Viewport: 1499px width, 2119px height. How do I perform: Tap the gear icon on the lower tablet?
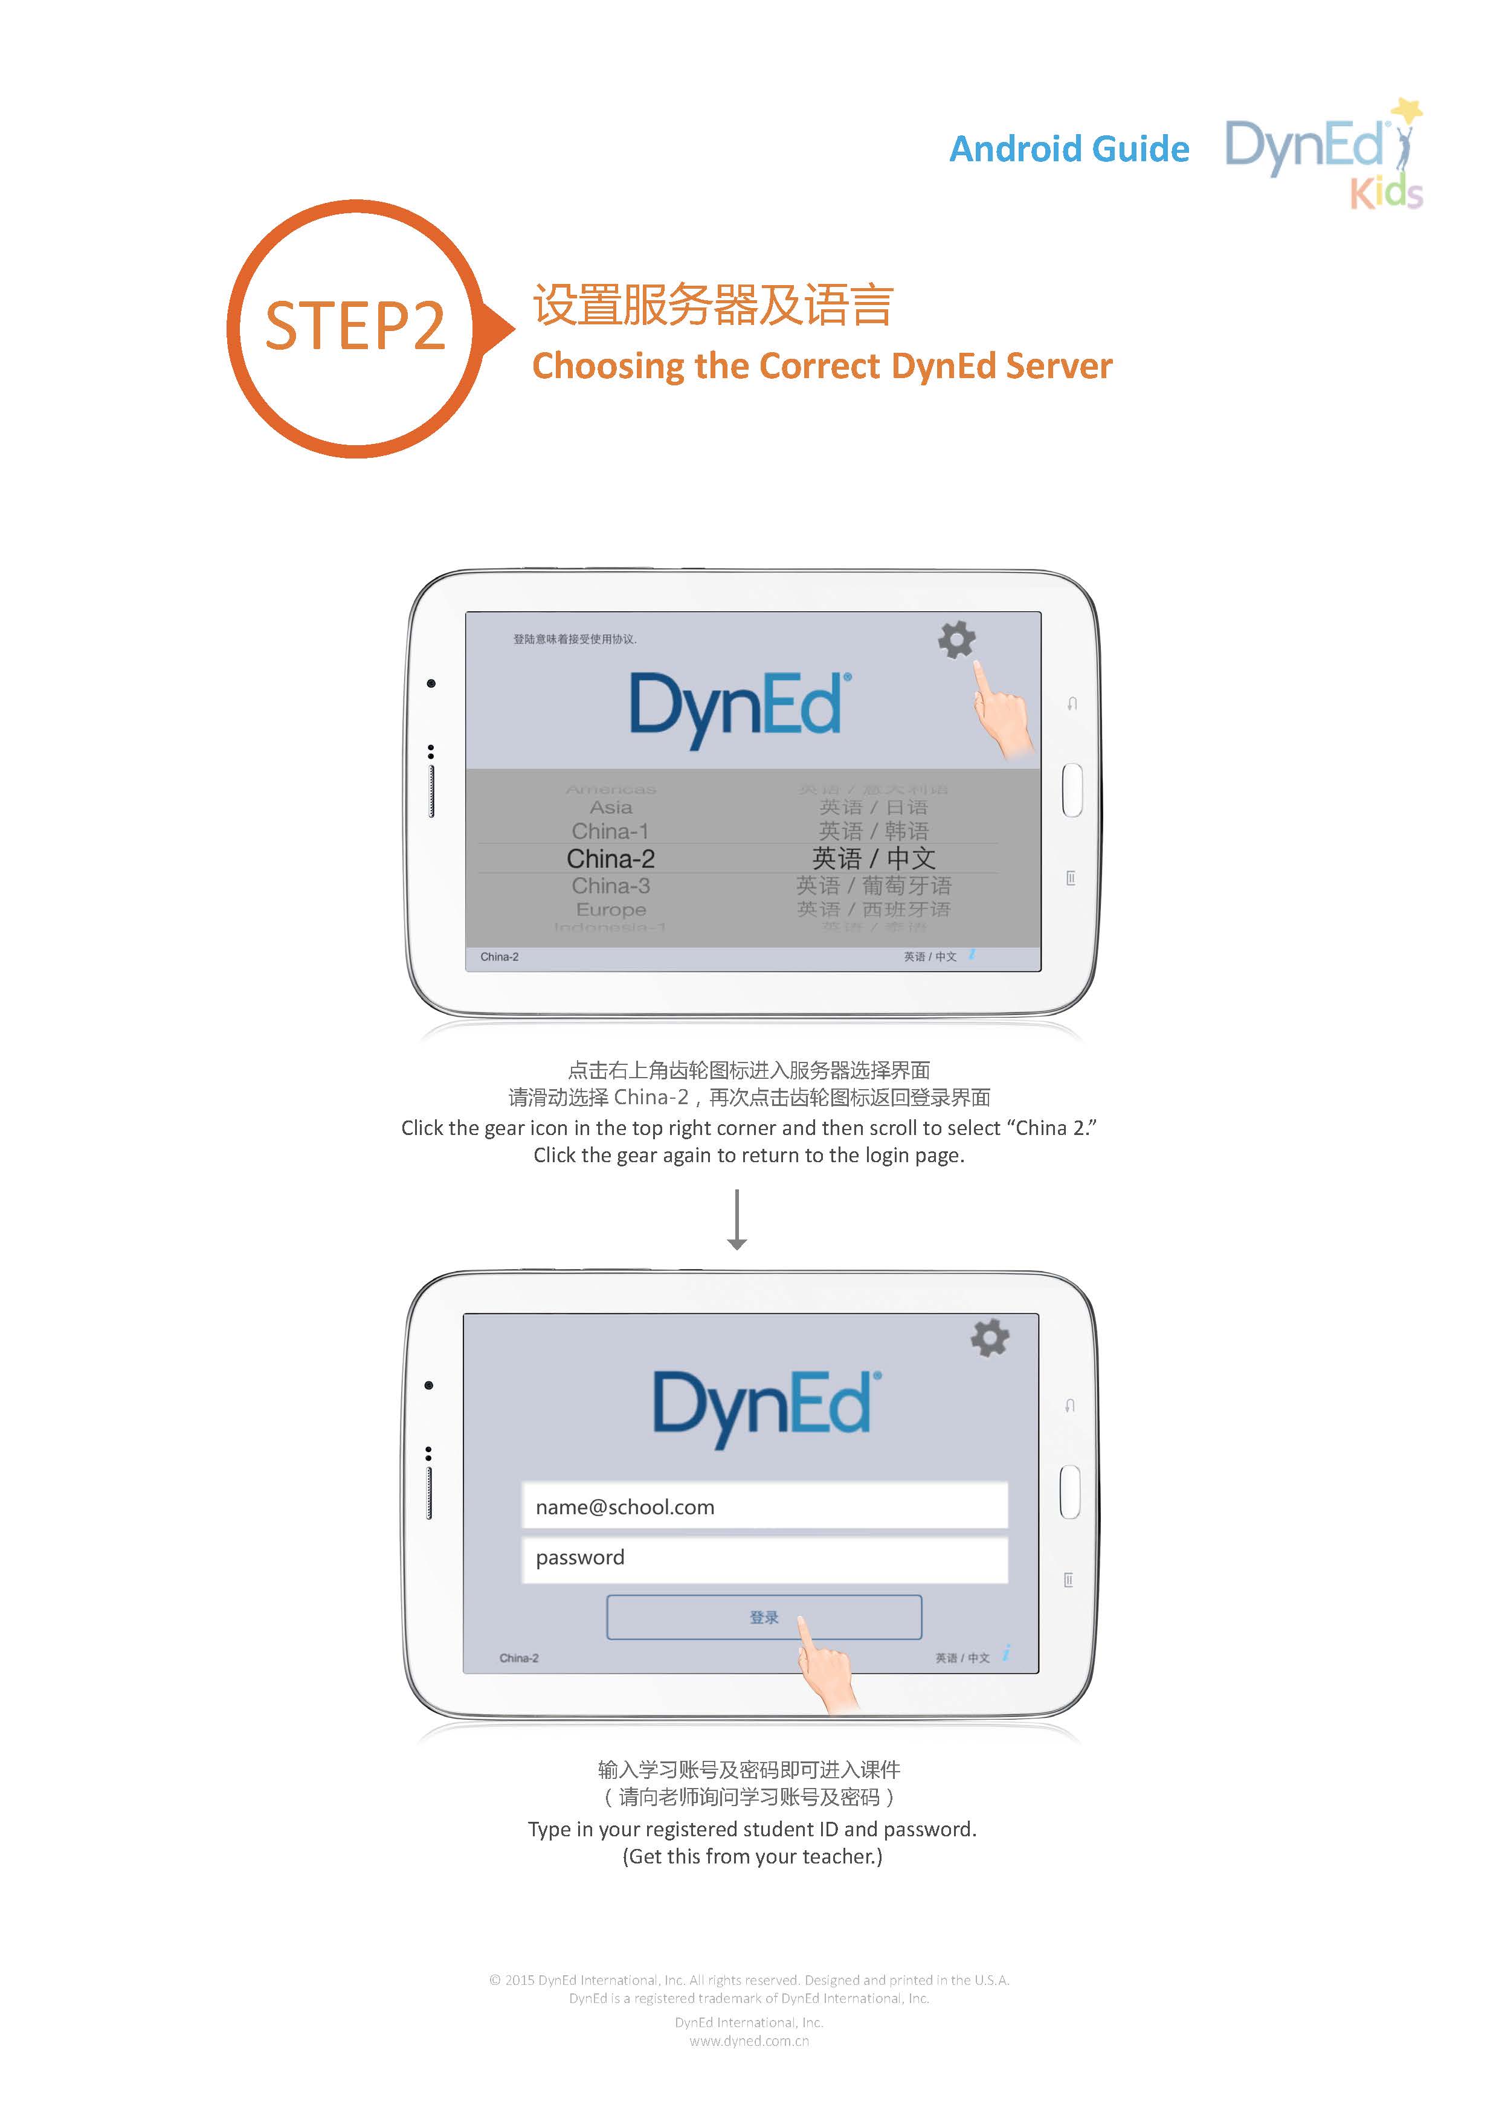[x=990, y=1338]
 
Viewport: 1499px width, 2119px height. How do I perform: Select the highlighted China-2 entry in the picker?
[x=610, y=858]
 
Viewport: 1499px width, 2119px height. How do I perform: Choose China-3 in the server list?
[x=610, y=886]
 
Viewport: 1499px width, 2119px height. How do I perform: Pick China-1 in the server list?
[x=610, y=831]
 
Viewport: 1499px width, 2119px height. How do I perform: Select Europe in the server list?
[x=610, y=909]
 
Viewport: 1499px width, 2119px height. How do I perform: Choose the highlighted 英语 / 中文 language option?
[x=873, y=858]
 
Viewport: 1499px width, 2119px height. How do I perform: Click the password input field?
[x=764, y=1558]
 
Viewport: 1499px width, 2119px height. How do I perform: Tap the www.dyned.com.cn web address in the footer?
[x=749, y=2040]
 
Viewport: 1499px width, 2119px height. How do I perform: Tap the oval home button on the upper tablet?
[x=1072, y=790]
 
